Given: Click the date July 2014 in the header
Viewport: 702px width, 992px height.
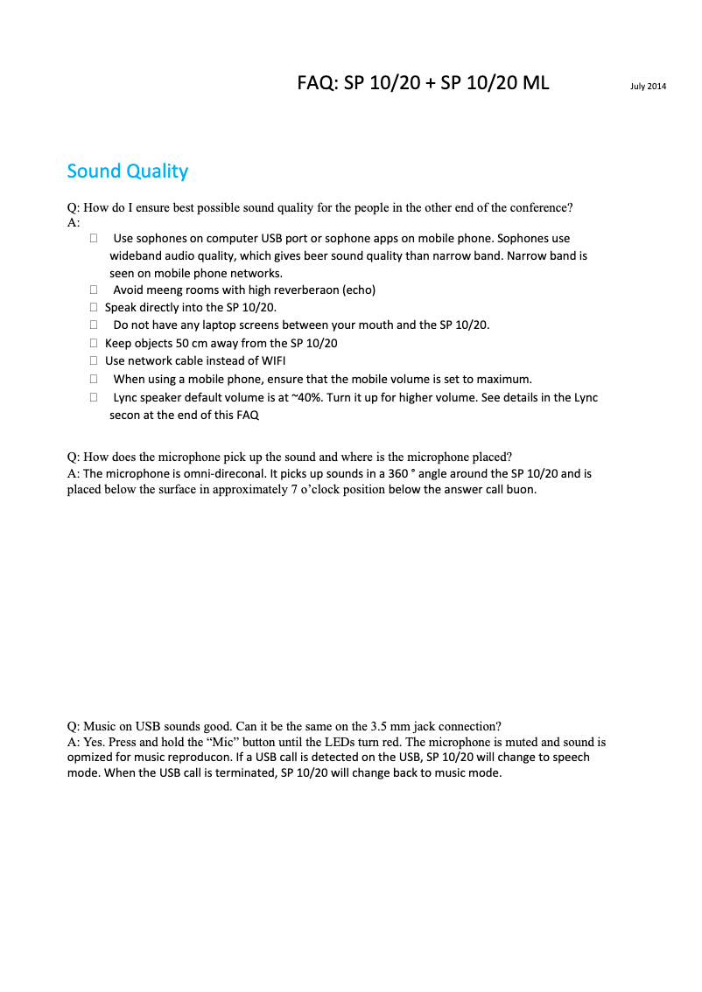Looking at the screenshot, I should coord(648,86).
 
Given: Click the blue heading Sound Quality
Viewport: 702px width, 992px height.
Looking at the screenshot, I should coord(128,171).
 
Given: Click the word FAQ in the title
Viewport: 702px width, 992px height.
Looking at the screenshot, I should coord(316,83).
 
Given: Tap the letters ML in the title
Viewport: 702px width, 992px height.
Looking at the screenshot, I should coord(535,83).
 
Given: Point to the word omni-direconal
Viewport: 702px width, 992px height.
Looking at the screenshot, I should coord(220,473).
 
